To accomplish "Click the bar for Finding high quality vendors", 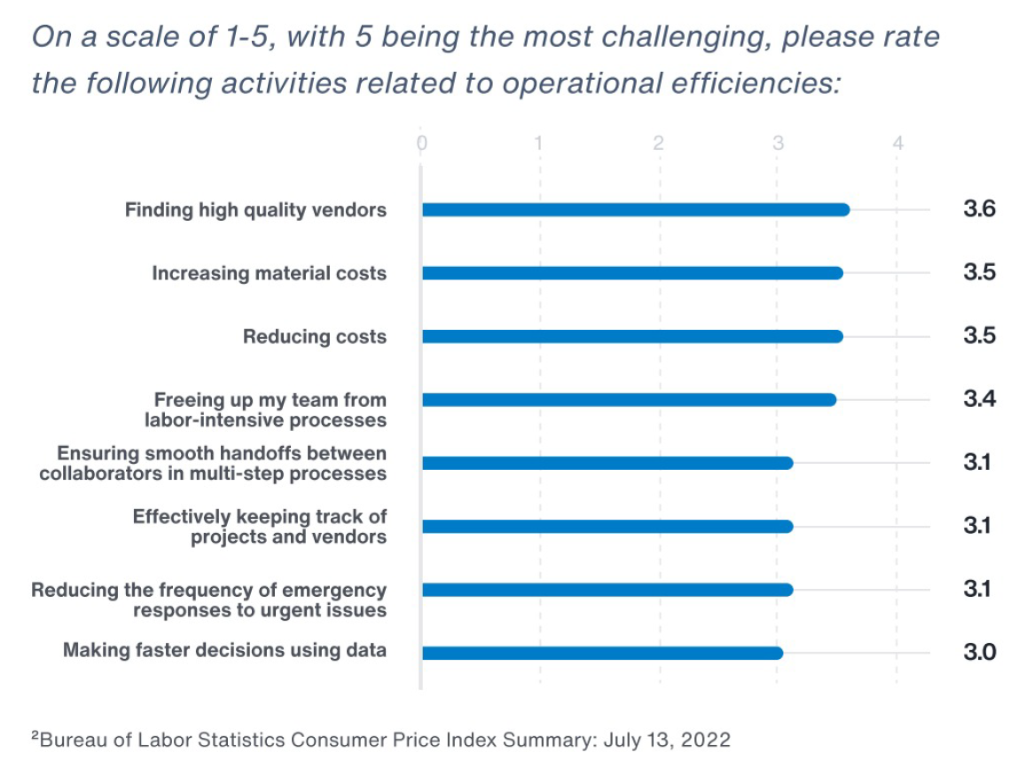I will click(x=635, y=210).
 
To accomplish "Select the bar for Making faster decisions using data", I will click(x=602, y=654).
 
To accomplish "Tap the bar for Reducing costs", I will click(x=631, y=337).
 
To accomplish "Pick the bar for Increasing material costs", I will click(x=631, y=273).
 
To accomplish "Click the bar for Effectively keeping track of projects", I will click(x=607, y=527).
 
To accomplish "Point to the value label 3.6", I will click(x=979, y=210).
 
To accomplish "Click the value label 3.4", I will click(x=979, y=400).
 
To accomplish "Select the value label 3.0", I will click(x=979, y=654).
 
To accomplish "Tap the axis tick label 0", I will click(x=422, y=144).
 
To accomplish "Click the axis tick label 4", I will click(x=897, y=144).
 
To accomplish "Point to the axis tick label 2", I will click(x=659, y=144).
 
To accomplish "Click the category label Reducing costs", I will click(x=315, y=337).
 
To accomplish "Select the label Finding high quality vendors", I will click(x=255, y=210).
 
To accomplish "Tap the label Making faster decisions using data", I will click(x=224, y=651).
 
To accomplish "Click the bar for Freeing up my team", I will click(x=628, y=400).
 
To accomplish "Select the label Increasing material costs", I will click(x=269, y=273).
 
